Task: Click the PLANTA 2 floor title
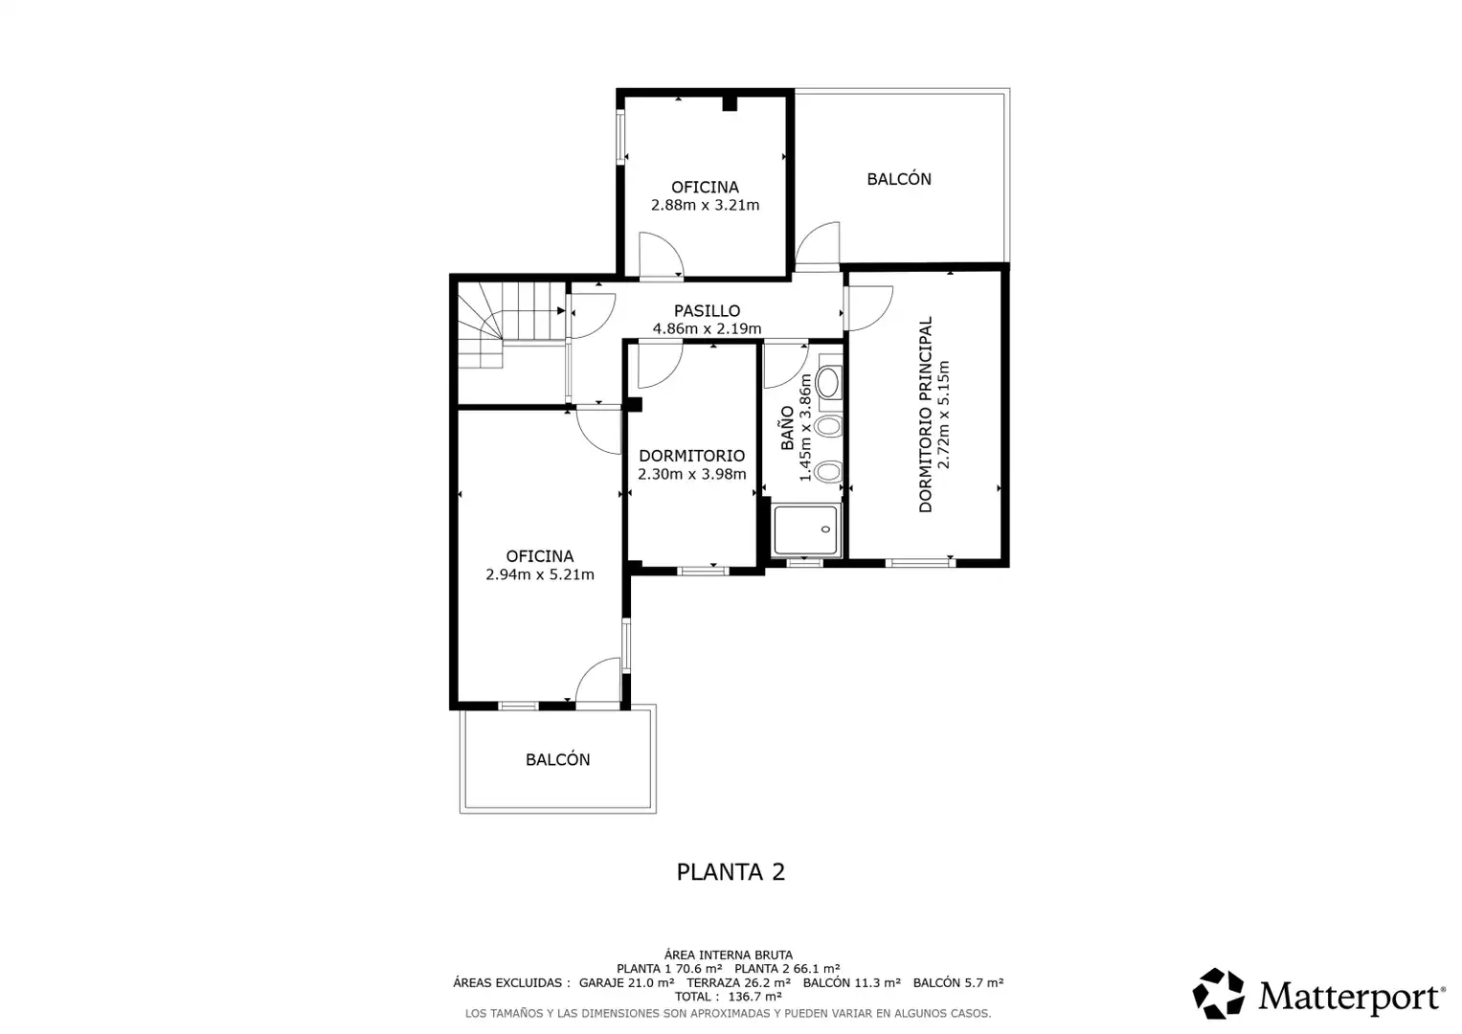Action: pos(731,872)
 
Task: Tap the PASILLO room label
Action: pos(707,311)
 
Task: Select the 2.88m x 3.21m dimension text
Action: pos(705,205)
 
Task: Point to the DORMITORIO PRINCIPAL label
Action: pos(926,415)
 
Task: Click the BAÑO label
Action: pos(788,428)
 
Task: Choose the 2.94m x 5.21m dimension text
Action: pos(540,574)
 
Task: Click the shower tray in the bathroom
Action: pos(806,529)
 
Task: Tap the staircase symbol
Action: pos(511,325)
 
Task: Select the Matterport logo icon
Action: pos(1218,993)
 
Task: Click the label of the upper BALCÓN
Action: pos(899,179)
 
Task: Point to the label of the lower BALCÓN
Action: pos(557,760)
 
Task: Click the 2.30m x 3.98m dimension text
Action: pos(692,474)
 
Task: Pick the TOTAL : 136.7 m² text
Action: pos(729,997)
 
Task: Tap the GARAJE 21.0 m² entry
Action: pos(626,982)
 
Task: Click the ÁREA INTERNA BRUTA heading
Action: pos(729,955)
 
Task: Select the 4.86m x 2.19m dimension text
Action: pos(707,328)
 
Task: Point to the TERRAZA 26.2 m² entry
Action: pos(739,982)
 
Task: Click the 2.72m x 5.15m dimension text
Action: pos(944,415)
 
